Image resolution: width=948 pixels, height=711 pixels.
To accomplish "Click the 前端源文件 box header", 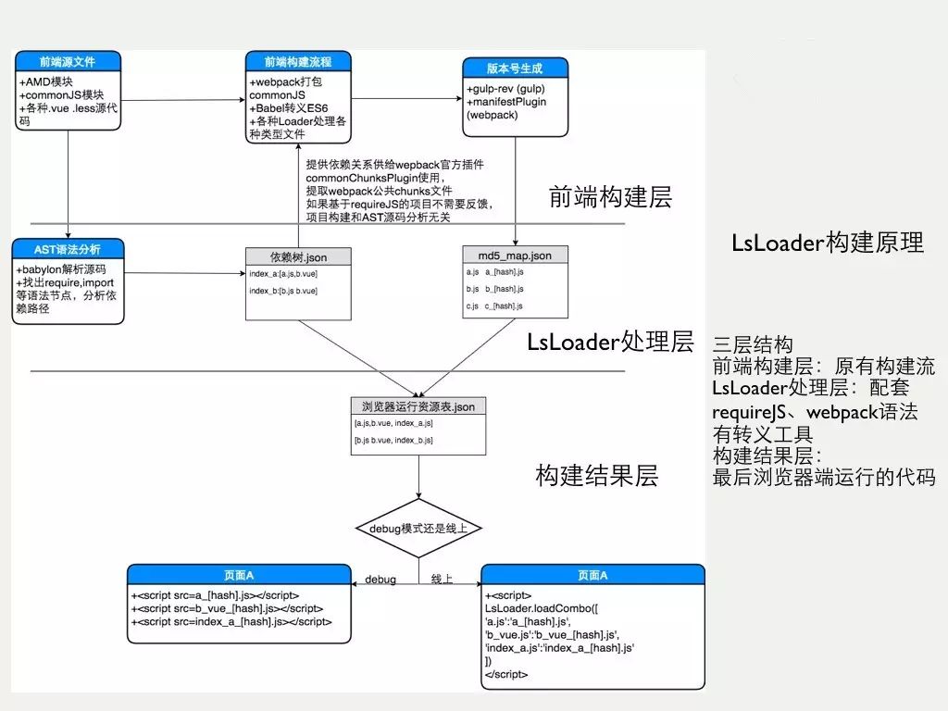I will (69, 62).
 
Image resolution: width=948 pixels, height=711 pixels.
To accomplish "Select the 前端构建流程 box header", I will (298, 62).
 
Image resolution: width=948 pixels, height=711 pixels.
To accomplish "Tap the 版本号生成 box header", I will (515, 69).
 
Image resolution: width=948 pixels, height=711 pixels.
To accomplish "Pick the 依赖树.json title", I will (298, 256).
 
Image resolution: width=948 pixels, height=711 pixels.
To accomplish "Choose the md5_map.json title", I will (515, 256).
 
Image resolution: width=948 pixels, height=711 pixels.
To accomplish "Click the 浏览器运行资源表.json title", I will (418, 405).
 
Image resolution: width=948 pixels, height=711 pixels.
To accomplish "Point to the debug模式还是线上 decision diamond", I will (418, 529).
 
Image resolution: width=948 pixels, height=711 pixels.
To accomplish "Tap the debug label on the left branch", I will (380, 580).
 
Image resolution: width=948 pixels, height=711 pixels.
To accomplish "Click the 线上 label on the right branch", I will (442, 580).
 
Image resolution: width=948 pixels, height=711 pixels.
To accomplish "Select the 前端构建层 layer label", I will (610, 197).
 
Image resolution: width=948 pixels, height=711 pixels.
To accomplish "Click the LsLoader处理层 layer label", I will (610, 342).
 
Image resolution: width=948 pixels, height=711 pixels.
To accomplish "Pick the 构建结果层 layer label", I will (596, 476).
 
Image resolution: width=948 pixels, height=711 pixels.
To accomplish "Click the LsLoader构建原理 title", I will (828, 243).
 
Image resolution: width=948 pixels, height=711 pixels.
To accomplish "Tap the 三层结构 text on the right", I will (753, 345).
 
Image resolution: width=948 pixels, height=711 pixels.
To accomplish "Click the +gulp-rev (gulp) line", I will (508, 89).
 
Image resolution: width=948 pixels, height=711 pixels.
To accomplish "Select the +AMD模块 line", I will (45, 81).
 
